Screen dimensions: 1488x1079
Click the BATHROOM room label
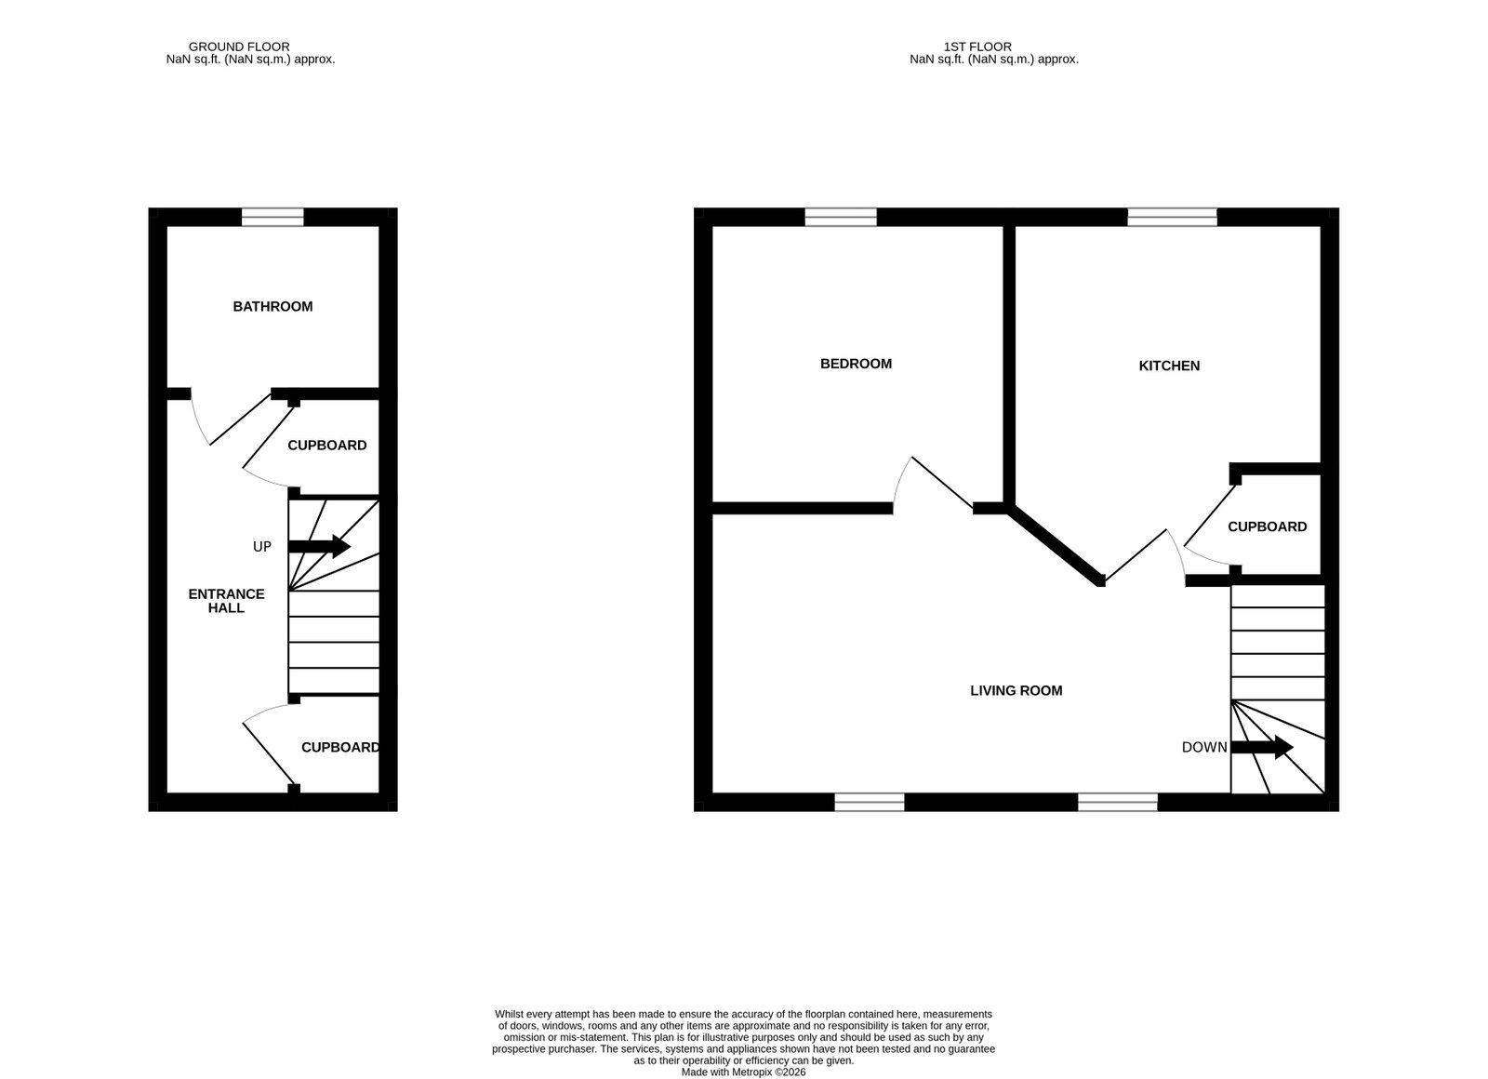pyautogui.click(x=272, y=306)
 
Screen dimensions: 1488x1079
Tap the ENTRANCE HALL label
pyautogui.click(x=227, y=601)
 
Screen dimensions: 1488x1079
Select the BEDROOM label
pyautogui.click(x=856, y=364)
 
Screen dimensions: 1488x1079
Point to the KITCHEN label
pyautogui.click(x=1169, y=366)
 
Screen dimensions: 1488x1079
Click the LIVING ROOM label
pyautogui.click(x=1016, y=690)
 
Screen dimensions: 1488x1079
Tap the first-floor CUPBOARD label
pyautogui.click(x=1267, y=526)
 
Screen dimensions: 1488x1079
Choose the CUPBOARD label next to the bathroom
pyautogui.click(x=326, y=446)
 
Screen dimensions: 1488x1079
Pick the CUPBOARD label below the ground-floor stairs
pyautogui.click(x=340, y=748)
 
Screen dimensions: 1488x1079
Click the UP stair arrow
pyautogui.click(x=320, y=546)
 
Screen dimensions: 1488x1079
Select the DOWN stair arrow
pyautogui.click(x=1262, y=747)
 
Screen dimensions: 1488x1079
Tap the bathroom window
pyautogui.click(x=272, y=218)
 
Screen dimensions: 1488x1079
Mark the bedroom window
pyautogui.click(x=841, y=218)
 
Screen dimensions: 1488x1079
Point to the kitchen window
pyautogui.click(x=1173, y=218)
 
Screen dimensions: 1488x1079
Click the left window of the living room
pyautogui.click(x=870, y=802)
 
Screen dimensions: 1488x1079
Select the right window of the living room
pyautogui.click(x=1117, y=802)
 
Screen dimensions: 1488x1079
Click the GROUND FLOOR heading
pyautogui.click(x=239, y=47)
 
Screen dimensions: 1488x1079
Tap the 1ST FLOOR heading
pyautogui.click(x=977, y=47)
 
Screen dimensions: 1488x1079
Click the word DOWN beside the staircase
pyautogui.click(x=1204, y=748)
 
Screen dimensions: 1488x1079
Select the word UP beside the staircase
pyautogui.click(x=262, y=546)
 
